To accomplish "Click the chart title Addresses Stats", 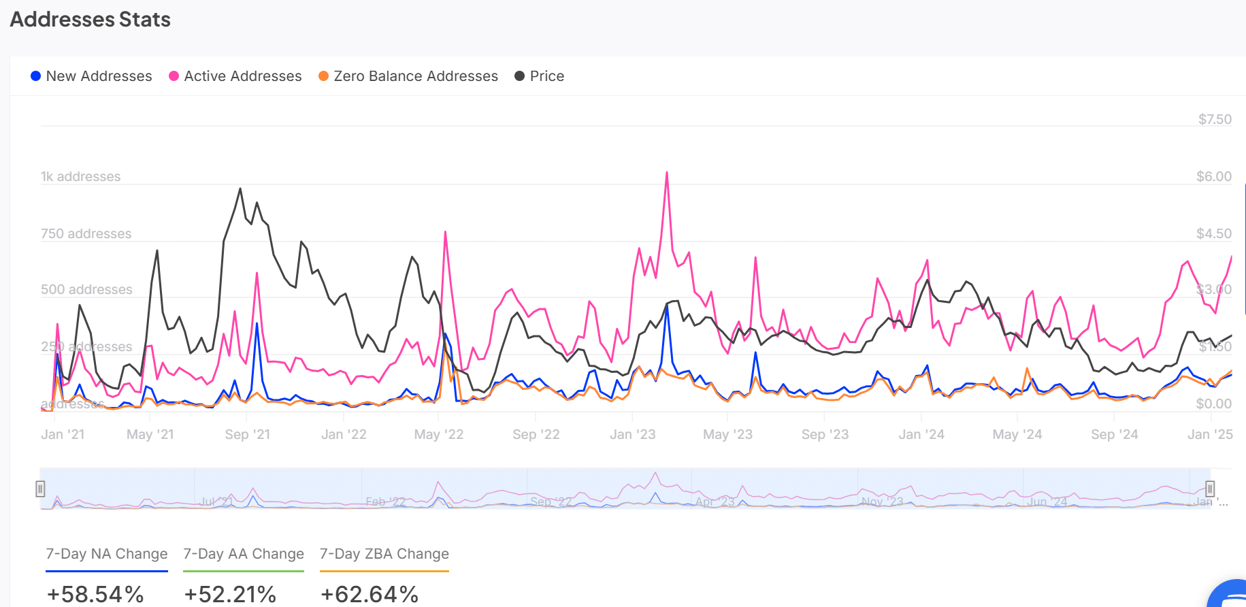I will click(x=90, y=19).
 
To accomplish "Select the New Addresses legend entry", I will click(x=91, y=76).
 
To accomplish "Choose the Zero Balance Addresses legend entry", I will click(x=408, y=76).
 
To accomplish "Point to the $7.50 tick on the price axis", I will click(x=1215, y=119).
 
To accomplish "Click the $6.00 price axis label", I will click(x=1213, y=176).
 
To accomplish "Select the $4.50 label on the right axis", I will click(x=1213, y=233).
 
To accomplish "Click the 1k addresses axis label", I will click(x=80, y=176).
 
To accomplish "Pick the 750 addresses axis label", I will click(x=86, y=233).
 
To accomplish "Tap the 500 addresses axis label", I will click(x=86, y=289).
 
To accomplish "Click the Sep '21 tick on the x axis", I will click(x=247, y=434).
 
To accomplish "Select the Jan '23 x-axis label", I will click(x=632, y=434).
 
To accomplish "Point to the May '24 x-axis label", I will click(x=1017, y=434).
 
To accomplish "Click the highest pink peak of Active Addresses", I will click(x=667, y=173).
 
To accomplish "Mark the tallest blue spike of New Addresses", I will click(x=667, y=306).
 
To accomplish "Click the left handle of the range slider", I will click(x=40, y=489).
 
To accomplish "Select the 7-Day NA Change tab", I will click(x=106, y=554).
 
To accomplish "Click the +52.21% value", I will click(x=230, y=594).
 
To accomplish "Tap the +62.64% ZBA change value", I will click(x=370, y=594).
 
